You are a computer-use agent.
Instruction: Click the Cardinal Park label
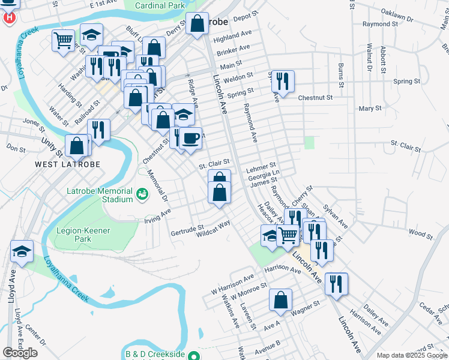(x=159, y=5)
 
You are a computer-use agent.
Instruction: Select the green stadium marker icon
(x=142, y=194)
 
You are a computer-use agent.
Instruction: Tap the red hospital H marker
(x=9, y=17)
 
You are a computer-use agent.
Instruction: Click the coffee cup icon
(x=191, y=139)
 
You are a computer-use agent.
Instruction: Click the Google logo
(x=20, y=353)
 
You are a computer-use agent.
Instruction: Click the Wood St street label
(x=420, y=232)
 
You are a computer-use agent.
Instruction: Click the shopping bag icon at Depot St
(x=197, y=24)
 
